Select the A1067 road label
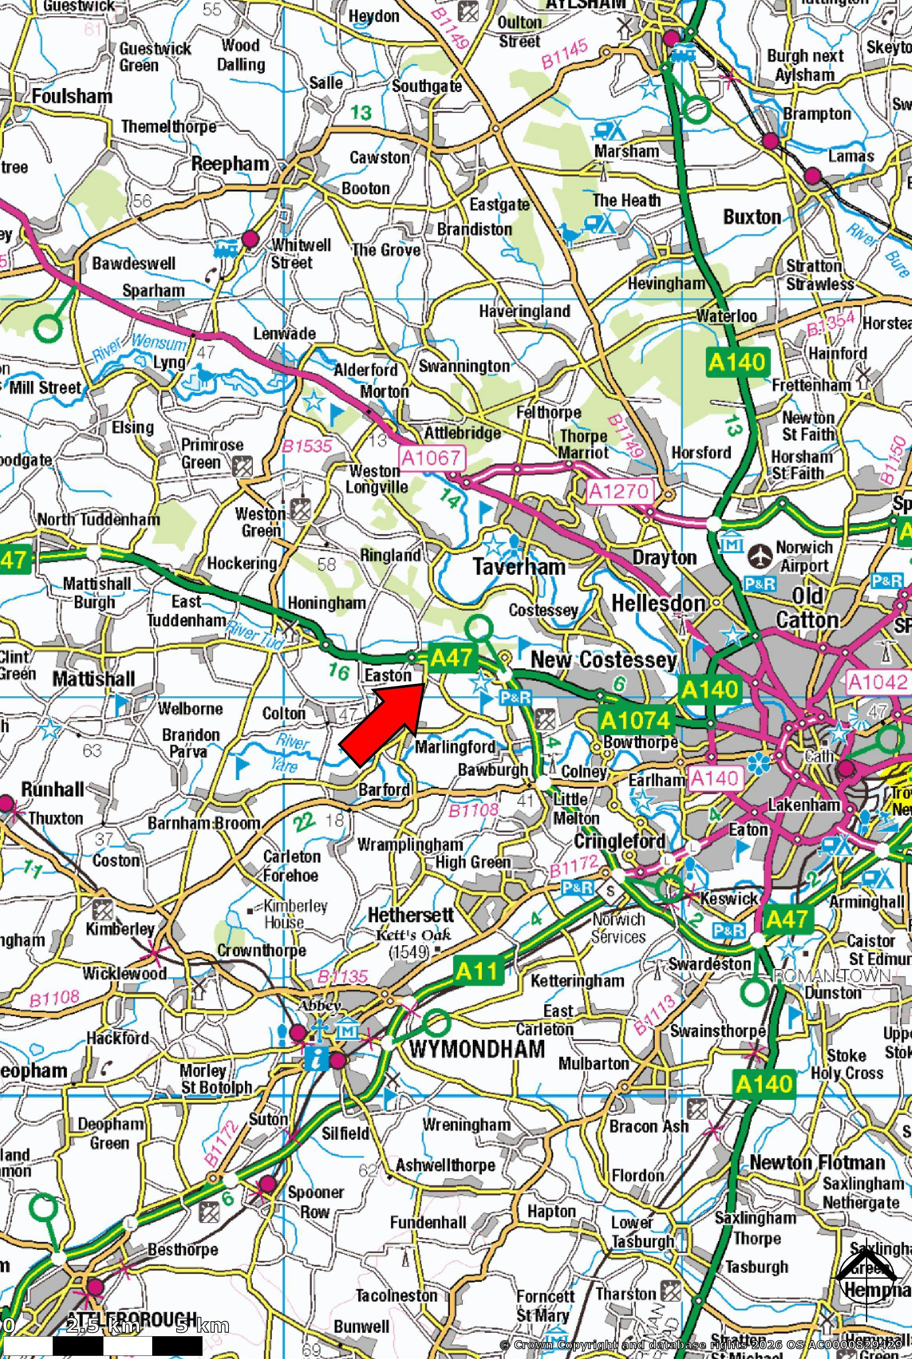433,458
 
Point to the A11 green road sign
477,970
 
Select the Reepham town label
230,165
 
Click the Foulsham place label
72,96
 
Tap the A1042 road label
877,681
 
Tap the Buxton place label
752,217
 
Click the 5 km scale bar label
202,1326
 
